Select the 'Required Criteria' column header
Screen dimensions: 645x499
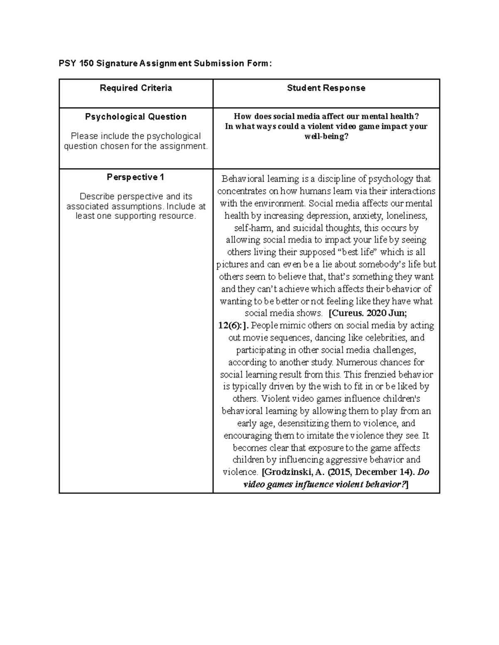coord(136,88)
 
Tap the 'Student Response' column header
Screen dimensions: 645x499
coord(326,88)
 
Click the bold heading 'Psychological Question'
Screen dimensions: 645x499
coord(136,117)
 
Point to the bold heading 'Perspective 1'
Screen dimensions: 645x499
coord(136,177)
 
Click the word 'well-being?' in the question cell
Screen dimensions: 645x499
coord(326,136)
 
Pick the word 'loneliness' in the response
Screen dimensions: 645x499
coord(406,216)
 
